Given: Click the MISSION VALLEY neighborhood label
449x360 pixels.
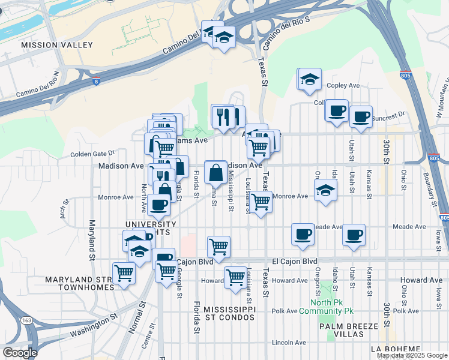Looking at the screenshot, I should [57, 45].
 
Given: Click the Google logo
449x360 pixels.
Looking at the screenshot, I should [20, 352].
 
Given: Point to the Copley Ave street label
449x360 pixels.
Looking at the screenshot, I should [344, 86].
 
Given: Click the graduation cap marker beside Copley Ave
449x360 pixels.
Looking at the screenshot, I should [310, 80].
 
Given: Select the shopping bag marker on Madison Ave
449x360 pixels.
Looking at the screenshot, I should [215, 173].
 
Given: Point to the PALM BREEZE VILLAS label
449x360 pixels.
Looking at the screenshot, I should [349, 330].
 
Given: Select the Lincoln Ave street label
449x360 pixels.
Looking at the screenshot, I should [289, 343].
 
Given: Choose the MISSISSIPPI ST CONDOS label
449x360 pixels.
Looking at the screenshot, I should [230, 313].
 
